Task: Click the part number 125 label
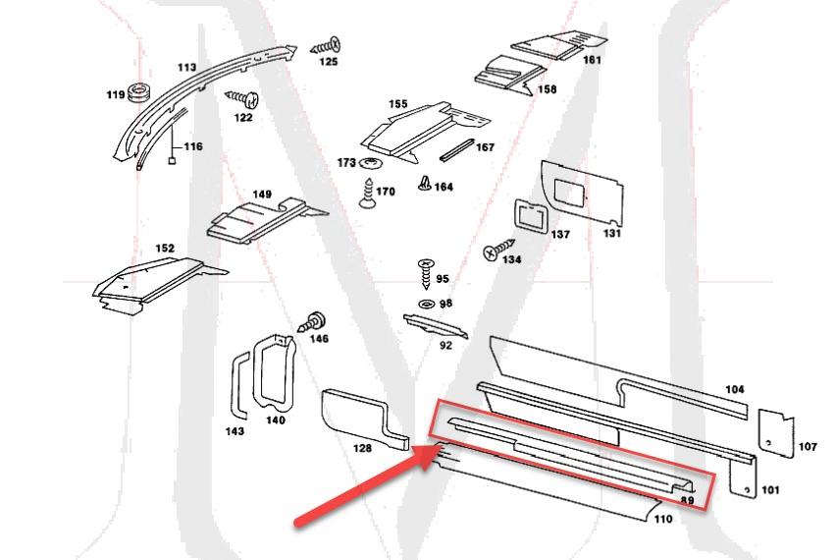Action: pos(328,62)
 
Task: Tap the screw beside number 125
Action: pos(326,45)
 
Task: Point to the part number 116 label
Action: pos(192,146)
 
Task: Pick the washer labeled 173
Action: pos(371,161)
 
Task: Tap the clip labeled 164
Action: pos(424,182)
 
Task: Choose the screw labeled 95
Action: pos(426,269)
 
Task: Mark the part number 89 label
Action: pos(688,501)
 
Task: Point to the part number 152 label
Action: pos(165,249)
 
